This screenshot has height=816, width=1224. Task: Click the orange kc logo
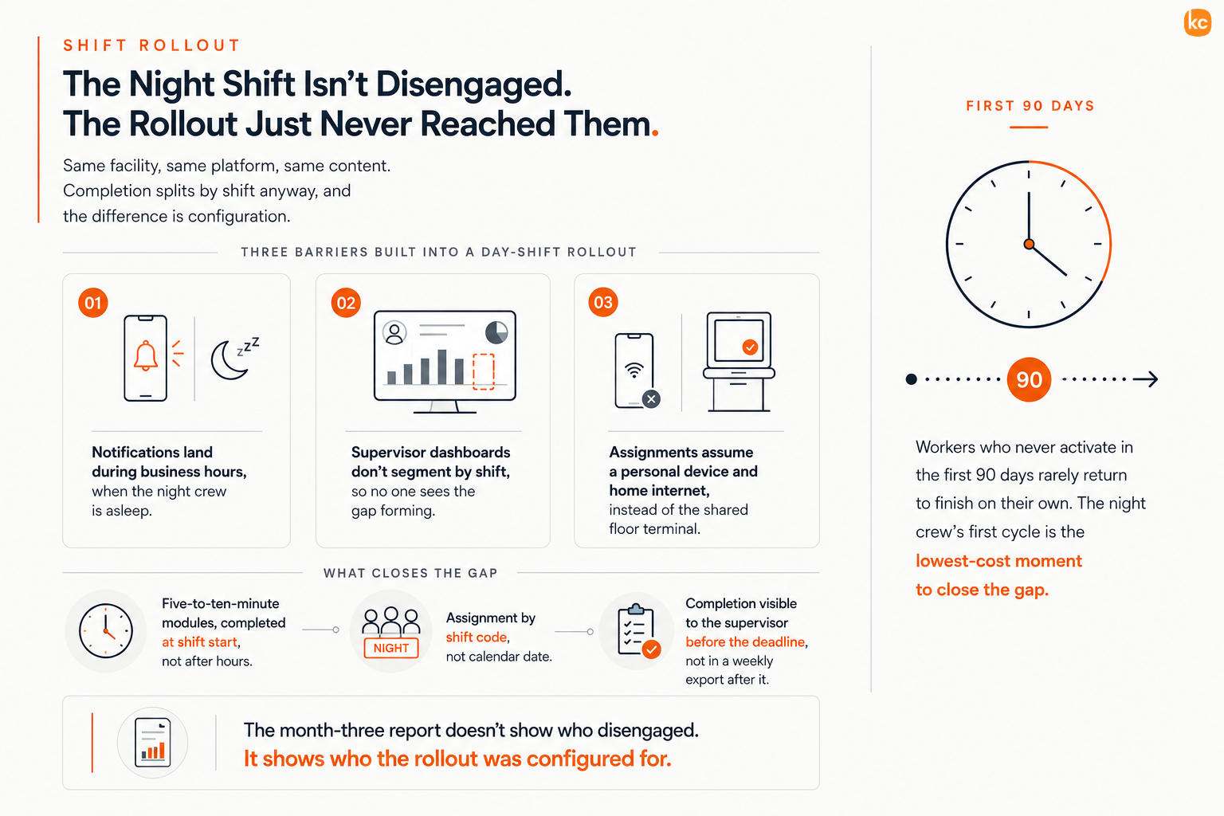[x=1197, y=22]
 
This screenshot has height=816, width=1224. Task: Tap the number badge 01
[x=93, y=302]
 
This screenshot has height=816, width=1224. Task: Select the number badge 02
[x=346, y=302]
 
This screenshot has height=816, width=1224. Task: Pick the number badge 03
[x=602, y=302]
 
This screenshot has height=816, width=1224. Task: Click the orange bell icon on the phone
[x=145, y=355]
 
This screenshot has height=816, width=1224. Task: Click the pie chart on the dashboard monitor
[x=496, y=332]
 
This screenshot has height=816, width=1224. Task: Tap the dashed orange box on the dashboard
[x=483, y=371]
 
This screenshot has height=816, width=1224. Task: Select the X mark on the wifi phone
[x=651, y=399]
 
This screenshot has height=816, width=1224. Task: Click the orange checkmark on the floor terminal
[x=750, y=347]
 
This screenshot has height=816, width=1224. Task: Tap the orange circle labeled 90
[x=1029, y=379]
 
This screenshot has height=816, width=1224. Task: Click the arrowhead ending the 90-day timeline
[x=1151, y=379]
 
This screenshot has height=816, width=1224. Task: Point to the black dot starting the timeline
[x=911, y=379]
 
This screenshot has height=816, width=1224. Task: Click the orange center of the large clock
[x=1029, y=245]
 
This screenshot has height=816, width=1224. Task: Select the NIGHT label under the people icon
[x=390, y=648]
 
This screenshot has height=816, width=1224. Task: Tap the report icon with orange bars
[x=152, y=742]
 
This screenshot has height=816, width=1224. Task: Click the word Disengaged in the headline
[x=473, y=84]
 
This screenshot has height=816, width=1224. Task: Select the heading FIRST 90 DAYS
[x=1030, y=105]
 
